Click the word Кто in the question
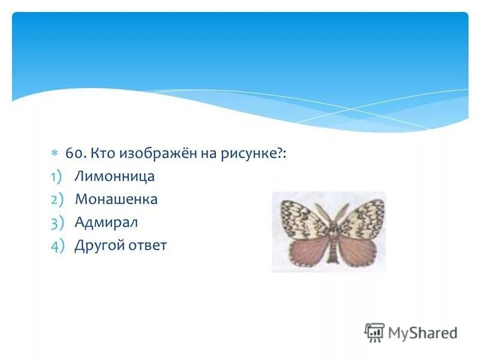102,154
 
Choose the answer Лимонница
115,176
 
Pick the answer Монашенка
116,199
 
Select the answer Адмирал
106,222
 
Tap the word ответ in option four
147,245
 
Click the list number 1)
56,177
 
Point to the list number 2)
56,200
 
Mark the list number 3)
56,223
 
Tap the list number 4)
56,246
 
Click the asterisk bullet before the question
53,154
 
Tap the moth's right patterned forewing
362,217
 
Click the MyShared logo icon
374,332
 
